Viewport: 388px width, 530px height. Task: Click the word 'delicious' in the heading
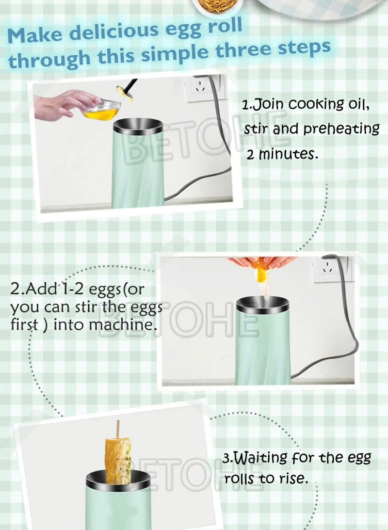[x=113, y=32]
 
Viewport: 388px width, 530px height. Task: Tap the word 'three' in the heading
[x=243, y=50]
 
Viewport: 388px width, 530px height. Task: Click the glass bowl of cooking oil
[x=101, y=110]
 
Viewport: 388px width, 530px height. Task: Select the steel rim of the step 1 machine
[x=138, y=127]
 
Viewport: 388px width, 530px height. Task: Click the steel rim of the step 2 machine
[x=262, y=305]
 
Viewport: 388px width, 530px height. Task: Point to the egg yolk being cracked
[x=261, y=273]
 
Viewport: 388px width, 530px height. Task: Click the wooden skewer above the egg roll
[x=118, y=429]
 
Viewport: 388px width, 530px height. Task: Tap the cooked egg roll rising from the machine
[x=118, y=460]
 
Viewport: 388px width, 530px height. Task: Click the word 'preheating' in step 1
[x=341, y=129]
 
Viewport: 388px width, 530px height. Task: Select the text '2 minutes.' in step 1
[x=282, y=155]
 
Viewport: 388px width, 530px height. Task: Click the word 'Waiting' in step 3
[x=261, y=458]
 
